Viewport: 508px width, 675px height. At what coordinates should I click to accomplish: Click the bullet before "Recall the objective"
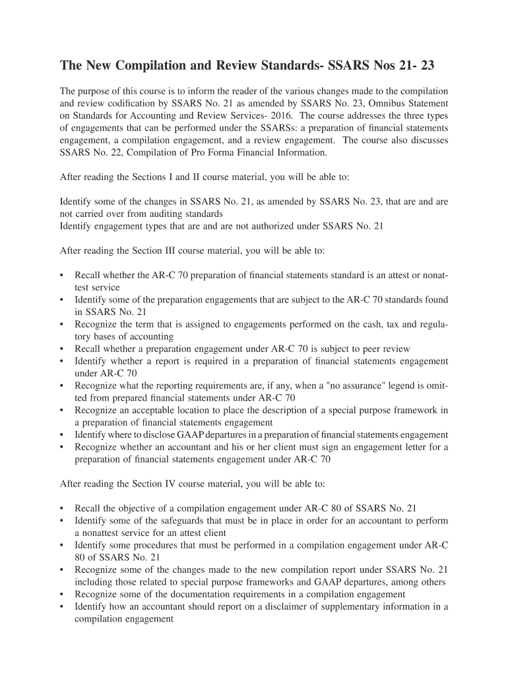62,508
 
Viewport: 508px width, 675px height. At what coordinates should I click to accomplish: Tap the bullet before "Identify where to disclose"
62,434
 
